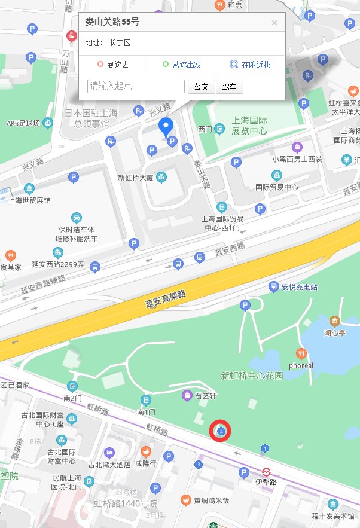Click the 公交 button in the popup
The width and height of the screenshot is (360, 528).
(x=201, y=87)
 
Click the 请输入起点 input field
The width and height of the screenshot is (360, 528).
(x=136, y=87)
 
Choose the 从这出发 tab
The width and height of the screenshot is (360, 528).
(x=182, y=65)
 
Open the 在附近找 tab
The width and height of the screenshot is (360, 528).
(x=251, y=65)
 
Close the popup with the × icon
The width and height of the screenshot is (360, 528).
(x=274, y=23)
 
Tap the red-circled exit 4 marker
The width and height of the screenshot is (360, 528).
(x=221, y=431)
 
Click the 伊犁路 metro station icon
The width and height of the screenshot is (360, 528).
(x=267, y=471)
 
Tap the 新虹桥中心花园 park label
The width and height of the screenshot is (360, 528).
(x=251, y=376)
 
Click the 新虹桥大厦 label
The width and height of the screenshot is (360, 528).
(x=136, y=178)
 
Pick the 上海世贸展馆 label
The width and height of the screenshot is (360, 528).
(x=29, y=200)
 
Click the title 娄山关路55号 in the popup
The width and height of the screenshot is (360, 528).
(x=112, y=23)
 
